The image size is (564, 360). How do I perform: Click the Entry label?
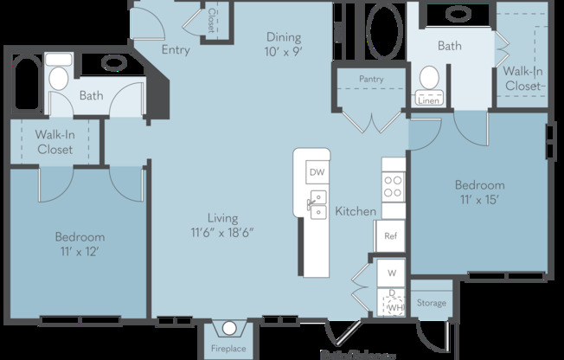(x=176, y=50)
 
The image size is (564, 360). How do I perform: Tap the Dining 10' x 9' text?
(x=283, y=43)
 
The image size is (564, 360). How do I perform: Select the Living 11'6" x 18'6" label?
(x=222, y=225)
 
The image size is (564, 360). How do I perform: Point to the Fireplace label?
(x=229, y=350)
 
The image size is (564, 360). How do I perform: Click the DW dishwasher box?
(x=317, y=172)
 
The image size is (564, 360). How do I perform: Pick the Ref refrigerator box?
(x=391, y=235)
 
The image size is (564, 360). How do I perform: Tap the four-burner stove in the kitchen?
(x=394, y=187)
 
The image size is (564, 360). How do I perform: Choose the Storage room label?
(x=431, y=303)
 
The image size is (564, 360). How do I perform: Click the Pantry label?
(x=370, y=79)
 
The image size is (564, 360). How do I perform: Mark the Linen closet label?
(x=428, y=100)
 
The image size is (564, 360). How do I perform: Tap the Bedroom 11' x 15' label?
(x=480, y=191)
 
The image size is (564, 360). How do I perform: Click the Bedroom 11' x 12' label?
(x=80, y=243)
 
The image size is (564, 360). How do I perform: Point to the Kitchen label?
(x=356, y=211)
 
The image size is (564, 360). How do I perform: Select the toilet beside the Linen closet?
(x=429, y=80)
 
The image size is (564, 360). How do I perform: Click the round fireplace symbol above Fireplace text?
(x=229, y=329)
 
